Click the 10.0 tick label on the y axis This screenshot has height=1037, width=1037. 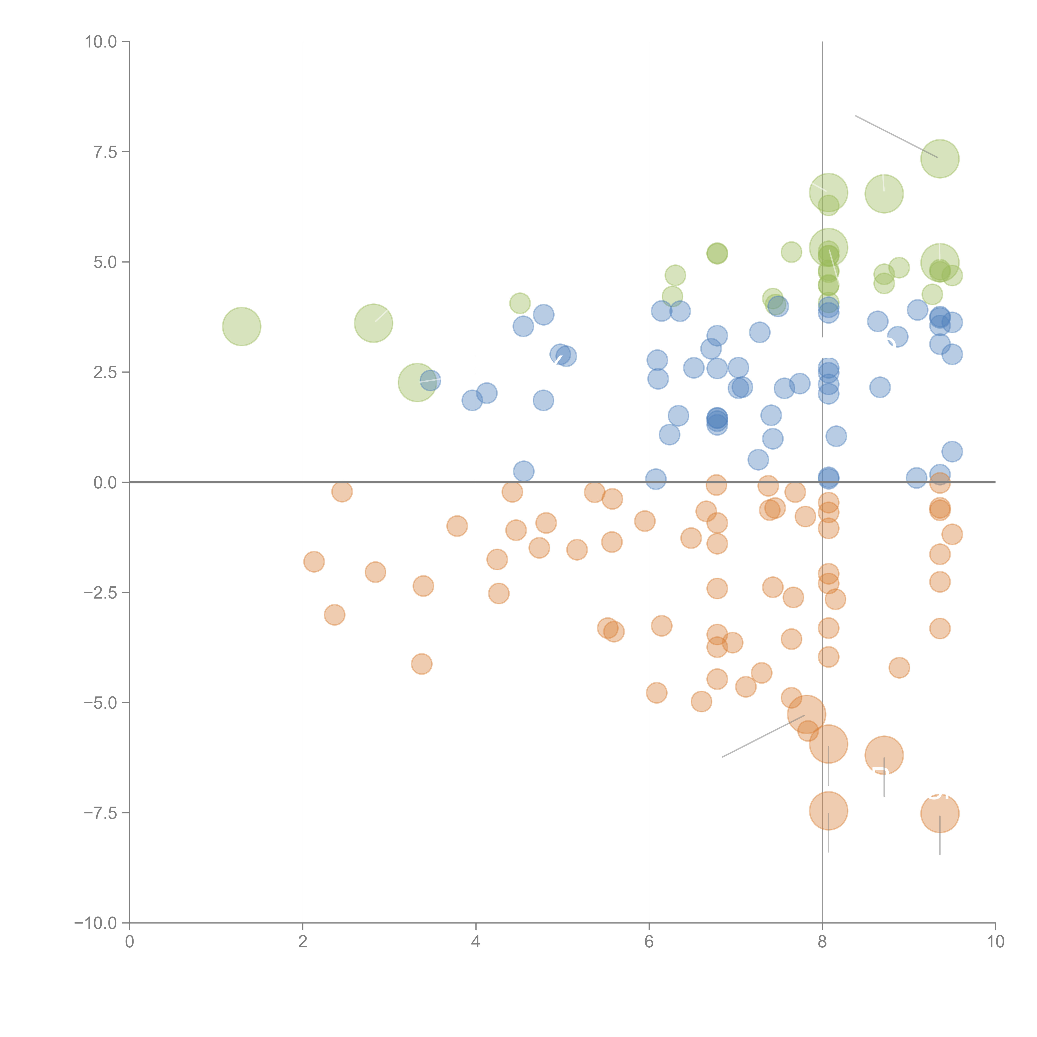[101, 42]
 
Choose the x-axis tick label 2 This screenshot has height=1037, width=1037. [303, 942]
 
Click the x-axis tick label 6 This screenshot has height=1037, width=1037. [649, 942]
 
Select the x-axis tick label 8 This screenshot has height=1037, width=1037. [822, 942]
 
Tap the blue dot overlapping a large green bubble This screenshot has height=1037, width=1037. [430, 381]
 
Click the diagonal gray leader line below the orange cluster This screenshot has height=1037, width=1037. [762, 736]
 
